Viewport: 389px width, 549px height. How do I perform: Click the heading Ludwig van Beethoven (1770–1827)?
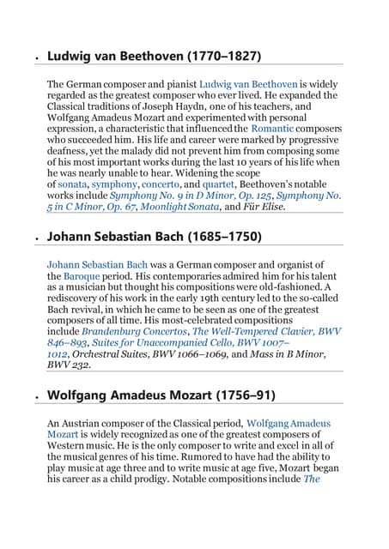[154, 57]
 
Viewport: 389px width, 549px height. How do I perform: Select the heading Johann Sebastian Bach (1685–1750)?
[154, 236]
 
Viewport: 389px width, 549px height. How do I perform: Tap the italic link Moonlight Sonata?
[177, 206]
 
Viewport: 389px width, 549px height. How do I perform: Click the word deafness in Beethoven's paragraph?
[67, 150]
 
